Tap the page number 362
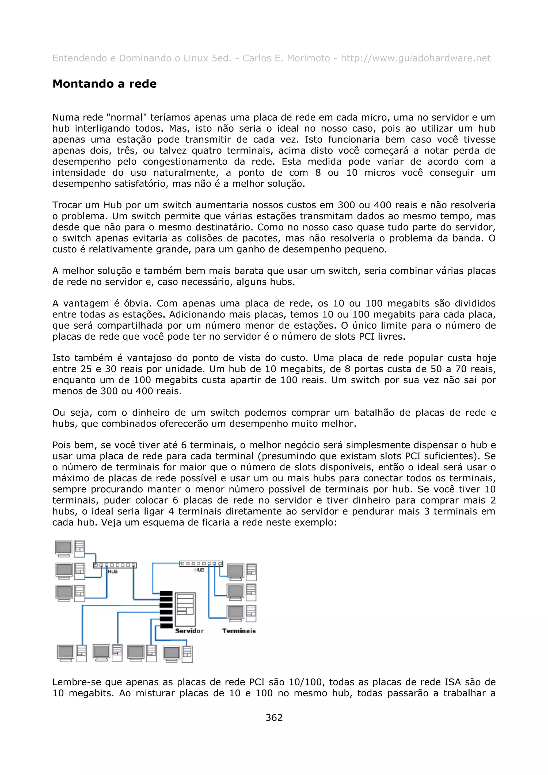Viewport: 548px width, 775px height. (x=274, y=717)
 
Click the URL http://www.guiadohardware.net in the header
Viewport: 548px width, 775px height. (x=415, y=58)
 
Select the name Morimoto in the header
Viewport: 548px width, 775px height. (x=308, y=58)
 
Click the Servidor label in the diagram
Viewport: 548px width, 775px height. (x=189, y=631)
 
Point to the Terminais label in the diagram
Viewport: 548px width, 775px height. (x=239, y=631)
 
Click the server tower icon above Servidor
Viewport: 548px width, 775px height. (x=185, y=610)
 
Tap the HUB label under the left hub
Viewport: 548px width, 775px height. (x=113, y=571)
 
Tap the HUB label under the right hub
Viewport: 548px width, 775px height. (x=199, y=570)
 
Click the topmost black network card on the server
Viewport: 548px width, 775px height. (x=166, y=593)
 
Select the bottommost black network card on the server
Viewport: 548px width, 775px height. (x=166, y=626)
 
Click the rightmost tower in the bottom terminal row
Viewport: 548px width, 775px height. (x=187, y=654)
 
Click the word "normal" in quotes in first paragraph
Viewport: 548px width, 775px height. (x=126, y=117)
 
